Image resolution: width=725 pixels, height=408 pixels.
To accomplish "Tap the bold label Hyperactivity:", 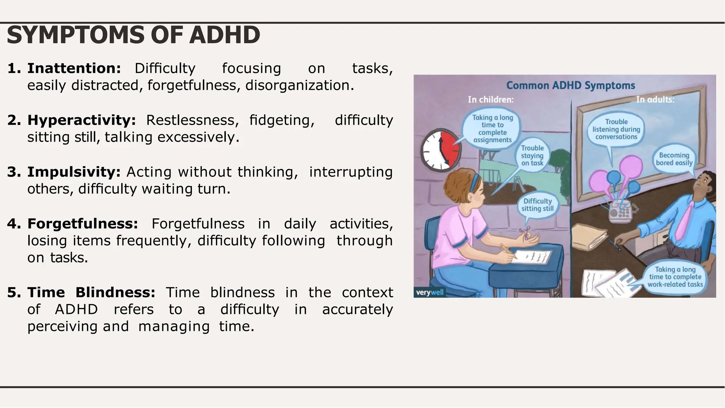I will (x=82, y=120).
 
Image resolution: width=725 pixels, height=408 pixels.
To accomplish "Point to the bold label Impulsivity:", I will (x=74, y=172).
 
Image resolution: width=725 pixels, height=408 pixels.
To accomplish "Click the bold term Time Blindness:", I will (x=91, y=292).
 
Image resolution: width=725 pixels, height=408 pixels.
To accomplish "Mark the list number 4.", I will (x=14, y=224).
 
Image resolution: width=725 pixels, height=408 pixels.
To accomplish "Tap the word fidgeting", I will (x=281, y=120).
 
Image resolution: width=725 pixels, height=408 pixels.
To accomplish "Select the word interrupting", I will (x=351, y=172).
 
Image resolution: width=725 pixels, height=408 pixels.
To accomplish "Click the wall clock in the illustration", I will (x=441, y=150).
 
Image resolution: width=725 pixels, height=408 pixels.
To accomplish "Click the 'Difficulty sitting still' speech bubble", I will (x=537, y=205).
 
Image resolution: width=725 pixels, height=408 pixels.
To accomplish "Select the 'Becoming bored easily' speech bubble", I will (x=674, y=159).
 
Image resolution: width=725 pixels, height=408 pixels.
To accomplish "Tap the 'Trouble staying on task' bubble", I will (x=532, y=155).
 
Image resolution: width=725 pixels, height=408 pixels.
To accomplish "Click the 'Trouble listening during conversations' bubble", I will (x=616, y=129).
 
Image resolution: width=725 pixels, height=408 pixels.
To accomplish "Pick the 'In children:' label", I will (x=491, y=100).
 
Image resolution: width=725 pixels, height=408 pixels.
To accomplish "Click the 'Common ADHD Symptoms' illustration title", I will (x=571, y=86).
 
